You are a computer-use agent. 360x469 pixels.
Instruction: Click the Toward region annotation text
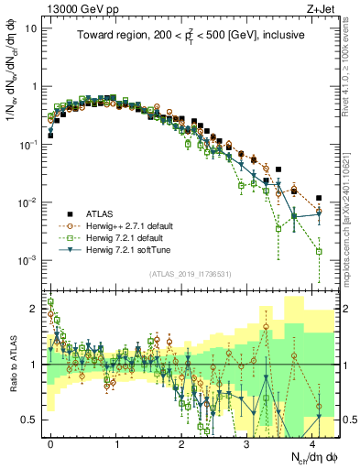point(190,35)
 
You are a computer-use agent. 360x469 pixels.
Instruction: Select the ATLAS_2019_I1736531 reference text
point(190,274)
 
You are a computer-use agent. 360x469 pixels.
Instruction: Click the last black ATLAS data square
point(319,198)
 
